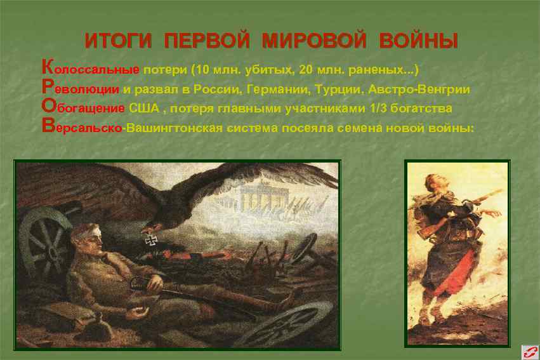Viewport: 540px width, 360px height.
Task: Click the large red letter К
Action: (x=46, y=67)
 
